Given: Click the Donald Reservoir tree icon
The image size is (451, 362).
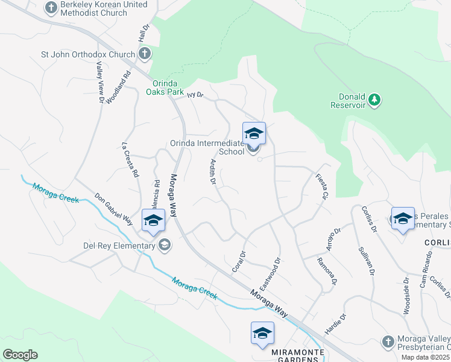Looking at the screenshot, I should click(374, 99).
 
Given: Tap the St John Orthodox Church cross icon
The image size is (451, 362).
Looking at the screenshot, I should click(144, 54).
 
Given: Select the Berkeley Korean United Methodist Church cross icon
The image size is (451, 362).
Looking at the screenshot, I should click(51, 8).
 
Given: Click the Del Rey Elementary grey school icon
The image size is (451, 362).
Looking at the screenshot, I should click(164, 245).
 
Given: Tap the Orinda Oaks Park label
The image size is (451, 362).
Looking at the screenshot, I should click(165, 88).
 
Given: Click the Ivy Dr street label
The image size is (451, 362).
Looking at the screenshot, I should click(195, 95).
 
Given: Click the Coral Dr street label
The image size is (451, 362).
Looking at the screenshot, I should click(239, 261).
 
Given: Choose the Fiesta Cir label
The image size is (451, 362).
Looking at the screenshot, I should click(321, 186).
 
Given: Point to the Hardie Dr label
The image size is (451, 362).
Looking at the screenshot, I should click(335, 323).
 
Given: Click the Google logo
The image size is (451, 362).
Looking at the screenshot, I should click(20, 355).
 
